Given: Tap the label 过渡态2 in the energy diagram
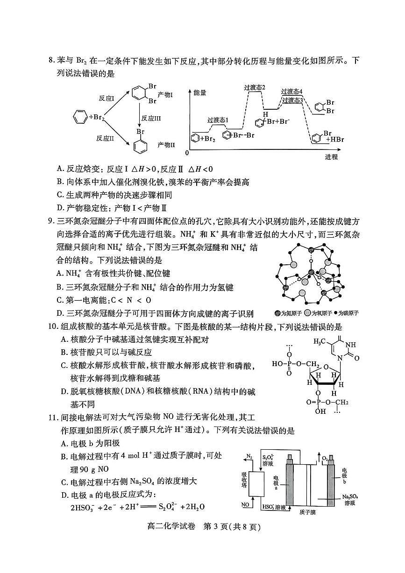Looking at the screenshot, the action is (254, 87).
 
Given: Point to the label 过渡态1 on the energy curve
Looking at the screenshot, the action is (218, 120).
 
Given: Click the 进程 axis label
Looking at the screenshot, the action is (331, 156).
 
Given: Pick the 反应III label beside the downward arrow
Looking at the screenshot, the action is (151, 118).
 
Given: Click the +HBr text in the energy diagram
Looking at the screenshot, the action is (334, 140).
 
